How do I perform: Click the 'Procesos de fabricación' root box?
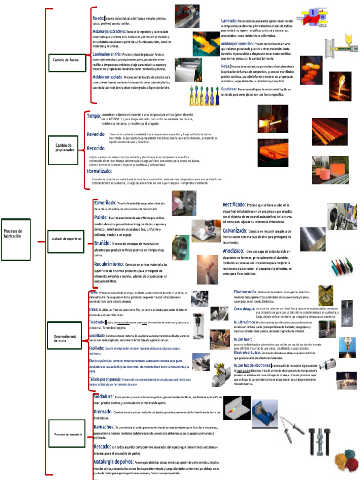point(15,233)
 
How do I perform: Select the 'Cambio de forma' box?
point(67,60)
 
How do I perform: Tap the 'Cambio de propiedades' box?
point(63,148)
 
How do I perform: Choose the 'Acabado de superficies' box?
point(66,239)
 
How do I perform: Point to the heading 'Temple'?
point(93,116)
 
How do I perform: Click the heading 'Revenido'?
point(96,135)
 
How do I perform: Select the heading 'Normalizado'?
point(99,171)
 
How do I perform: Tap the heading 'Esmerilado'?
point(105,202)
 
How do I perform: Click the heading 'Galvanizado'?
point(234,231)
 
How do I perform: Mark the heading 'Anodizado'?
point(233,251)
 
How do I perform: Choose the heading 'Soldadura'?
point(103,397)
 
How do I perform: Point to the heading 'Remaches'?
point(104,427)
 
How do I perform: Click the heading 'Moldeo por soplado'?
point(108,76)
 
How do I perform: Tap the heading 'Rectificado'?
point(234,205)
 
